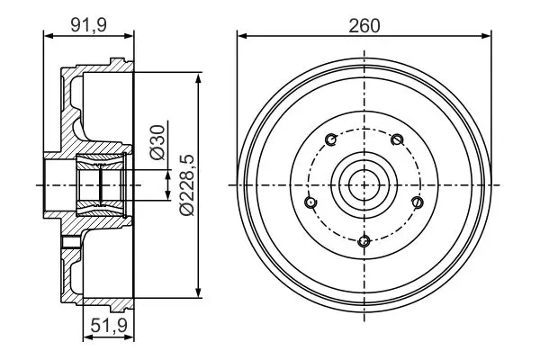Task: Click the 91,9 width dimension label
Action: pyautogui.click(x=88, y=25)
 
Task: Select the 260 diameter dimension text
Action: pyautogui.click(x=364, y=26)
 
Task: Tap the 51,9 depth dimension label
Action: pyautogui.click(x=109, y=325)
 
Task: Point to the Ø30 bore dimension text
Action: pyautogui.click(x=157, y=142)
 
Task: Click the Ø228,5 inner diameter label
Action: pyautogui.click(x=187, y=185)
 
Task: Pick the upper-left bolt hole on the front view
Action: pyautogui.click(x=331, y=139)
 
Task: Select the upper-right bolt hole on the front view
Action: pyautogui.click(x=397, y=139)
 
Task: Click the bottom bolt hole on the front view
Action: pyautogui.click(x=364, y=241)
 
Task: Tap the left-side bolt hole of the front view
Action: pyautogui.click(x=310, y=202)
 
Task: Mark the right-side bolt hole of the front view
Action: pyautogui.click(x=418, y=202)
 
